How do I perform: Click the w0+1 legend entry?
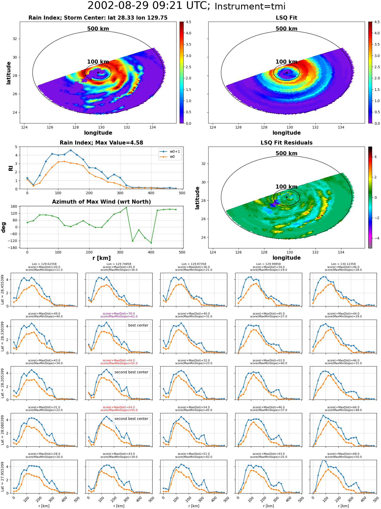tap(170, 151)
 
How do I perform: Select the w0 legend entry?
tap(168, 157)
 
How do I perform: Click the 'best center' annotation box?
tap(138, 325)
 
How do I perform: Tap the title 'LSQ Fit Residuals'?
tap(287, 143)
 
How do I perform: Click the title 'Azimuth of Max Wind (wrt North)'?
tap(101, 202)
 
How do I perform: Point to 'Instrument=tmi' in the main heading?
tap(250, 7)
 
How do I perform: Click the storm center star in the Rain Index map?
tap(98, 73)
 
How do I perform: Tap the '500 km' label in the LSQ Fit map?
tap(287, 29)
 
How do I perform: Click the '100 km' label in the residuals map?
tap(287, 187)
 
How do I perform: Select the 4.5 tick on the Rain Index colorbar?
tap(188, 22)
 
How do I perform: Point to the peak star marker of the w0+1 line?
tap(71, 150)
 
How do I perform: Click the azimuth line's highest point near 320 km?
tap(126, 207)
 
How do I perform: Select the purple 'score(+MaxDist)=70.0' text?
tap(119, 314)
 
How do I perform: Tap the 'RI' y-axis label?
tap(11, 168)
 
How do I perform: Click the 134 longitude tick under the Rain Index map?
tap(153, 127)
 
